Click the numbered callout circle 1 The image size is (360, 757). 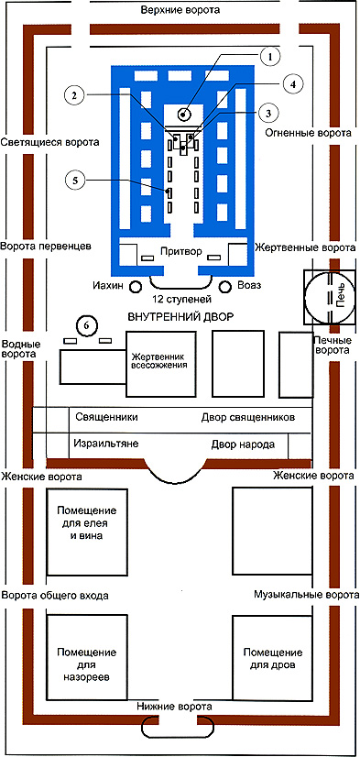tap(271, 57)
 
